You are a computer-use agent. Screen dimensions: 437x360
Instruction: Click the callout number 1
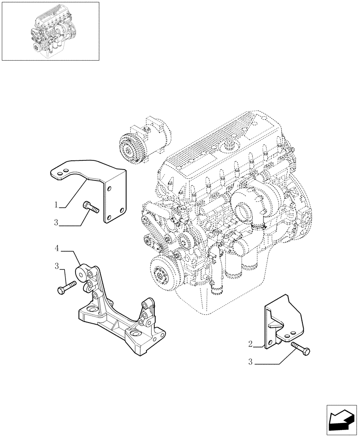point(57,205)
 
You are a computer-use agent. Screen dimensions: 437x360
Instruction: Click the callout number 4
point(57,249)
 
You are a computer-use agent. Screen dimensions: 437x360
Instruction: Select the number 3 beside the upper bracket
point(56,222)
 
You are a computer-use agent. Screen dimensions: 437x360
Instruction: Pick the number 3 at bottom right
point(250,361)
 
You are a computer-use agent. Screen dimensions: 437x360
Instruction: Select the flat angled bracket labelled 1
point(92,184)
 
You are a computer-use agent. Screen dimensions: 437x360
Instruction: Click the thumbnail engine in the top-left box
point(50,31)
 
